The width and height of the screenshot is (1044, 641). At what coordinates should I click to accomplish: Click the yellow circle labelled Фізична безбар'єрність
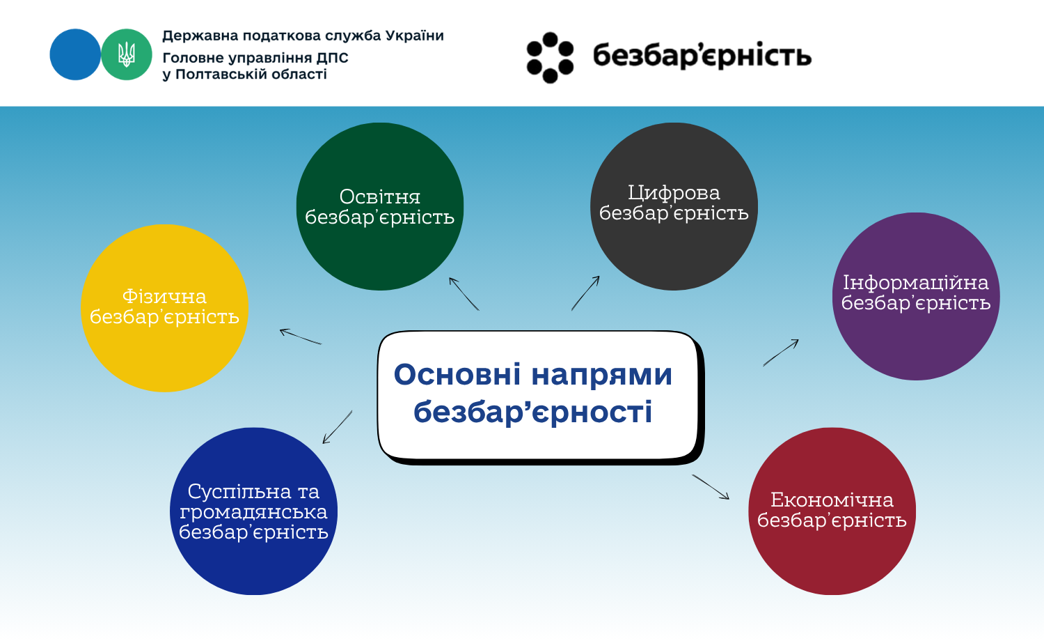(x=164, y=308)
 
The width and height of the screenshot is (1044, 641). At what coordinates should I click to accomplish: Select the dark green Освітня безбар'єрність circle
(x=380, y=206)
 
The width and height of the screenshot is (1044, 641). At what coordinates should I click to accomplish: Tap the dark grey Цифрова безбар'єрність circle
(x=674, y=206)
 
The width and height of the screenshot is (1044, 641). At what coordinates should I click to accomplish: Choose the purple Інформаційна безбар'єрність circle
(x=916, y=296)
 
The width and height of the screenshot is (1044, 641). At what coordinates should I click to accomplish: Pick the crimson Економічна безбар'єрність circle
(x=832, y=511)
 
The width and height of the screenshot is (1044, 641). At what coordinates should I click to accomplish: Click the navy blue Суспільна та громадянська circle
(x=253, y=511)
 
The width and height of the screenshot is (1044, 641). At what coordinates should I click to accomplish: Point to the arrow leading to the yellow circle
(x=301, y=337)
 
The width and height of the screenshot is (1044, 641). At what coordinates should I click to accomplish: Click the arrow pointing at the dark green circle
(x=464, y=294)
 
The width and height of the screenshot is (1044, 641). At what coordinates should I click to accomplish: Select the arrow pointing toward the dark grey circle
(x=585, y=293)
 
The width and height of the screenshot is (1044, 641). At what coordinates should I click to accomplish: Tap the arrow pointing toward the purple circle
(x=781, y=353)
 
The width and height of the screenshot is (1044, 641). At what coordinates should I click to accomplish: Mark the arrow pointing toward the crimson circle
(x=711, y=487)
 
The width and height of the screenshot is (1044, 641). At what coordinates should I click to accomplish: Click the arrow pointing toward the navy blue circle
(x=338, y=427)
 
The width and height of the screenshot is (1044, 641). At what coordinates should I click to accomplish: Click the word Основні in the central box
(x=457, y=374)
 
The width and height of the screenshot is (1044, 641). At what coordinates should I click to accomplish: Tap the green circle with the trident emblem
(x=127, y=54)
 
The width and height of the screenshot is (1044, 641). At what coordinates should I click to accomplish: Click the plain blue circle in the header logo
(x=75, y=54)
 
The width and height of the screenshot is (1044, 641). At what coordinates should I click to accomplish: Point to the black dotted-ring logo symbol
(x=550, y=57)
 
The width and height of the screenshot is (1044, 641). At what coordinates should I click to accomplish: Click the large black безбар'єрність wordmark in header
(x=702, y=56)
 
